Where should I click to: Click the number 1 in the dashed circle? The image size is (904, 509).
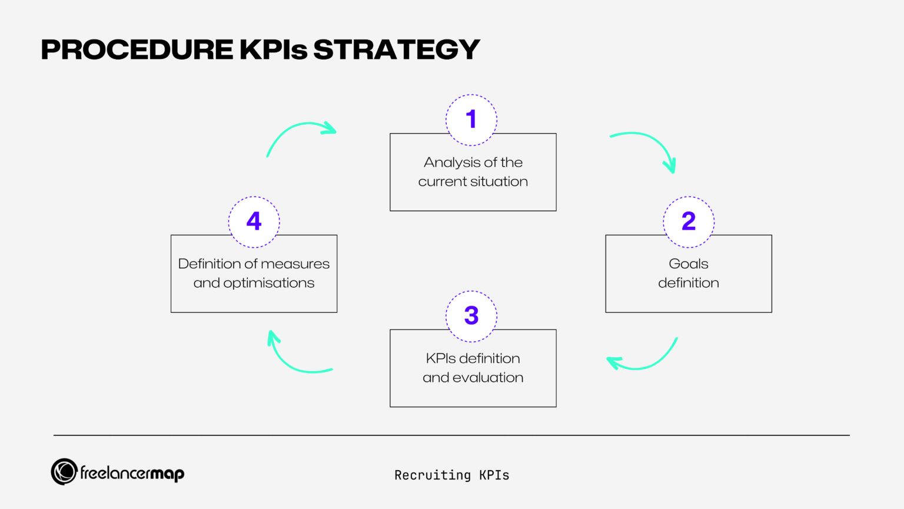471,120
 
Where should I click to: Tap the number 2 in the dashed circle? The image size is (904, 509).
689,222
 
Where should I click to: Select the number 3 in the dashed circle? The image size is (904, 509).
471,316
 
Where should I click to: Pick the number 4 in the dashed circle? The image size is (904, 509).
254,222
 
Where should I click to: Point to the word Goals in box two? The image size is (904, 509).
689,264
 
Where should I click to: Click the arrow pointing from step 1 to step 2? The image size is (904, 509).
647,147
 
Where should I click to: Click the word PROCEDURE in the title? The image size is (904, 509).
137,49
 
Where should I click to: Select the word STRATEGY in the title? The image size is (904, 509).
397,49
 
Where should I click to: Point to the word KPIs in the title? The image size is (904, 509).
274,49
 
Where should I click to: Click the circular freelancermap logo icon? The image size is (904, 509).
64,472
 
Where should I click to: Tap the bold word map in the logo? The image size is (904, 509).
167,474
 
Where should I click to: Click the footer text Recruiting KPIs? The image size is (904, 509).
451,475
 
